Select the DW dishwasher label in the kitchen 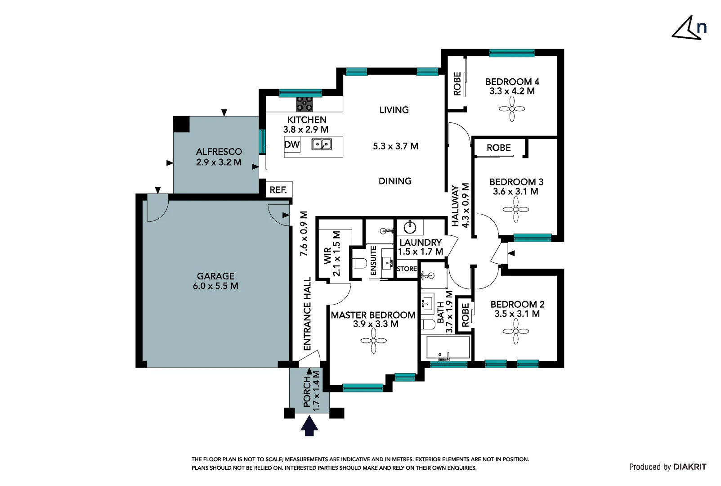click(292, 145)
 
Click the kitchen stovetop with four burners click(305, 104)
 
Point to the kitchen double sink click(322, 144)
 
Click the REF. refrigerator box click(278, 190)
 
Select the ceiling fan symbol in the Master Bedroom click(373, 341)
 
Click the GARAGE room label click(215, 276)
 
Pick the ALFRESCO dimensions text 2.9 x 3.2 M click(219, 162)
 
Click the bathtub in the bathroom click(448, 347)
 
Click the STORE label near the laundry click(407, 269)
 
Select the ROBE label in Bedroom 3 click(498, 148)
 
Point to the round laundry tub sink click(410, 227)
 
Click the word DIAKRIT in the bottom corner click(690, 467)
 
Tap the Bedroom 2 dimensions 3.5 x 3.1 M click(517, 314)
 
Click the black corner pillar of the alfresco click(181, 124)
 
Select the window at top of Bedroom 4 click(511, 53)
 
